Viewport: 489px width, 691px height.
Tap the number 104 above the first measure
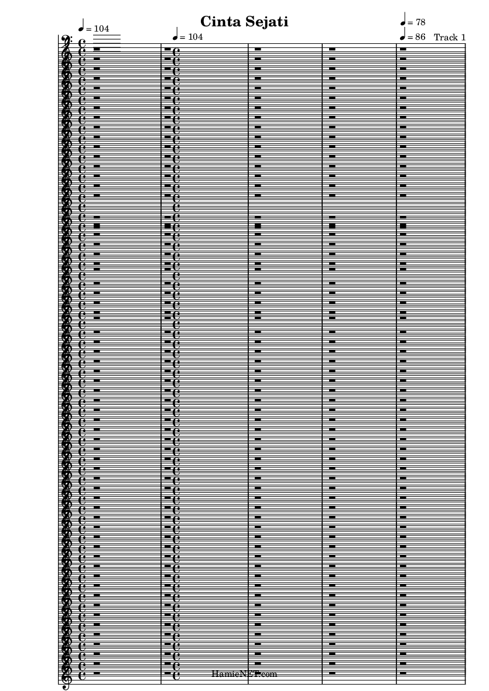pos(100,29)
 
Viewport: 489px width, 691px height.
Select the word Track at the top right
pos(446,37)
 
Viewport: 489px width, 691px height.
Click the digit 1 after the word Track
pos(463,37)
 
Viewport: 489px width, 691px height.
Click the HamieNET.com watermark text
pos(245,674)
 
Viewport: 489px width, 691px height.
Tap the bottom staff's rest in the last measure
pos(403,672)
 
